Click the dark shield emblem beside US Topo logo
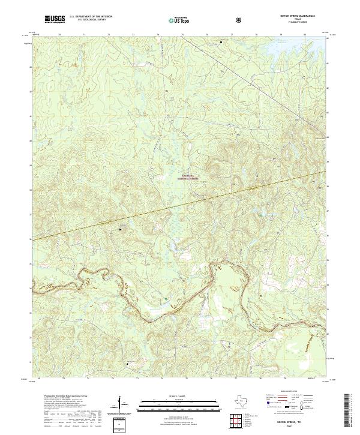[x=206, y=20]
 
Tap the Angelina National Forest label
[x=188, y=178]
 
